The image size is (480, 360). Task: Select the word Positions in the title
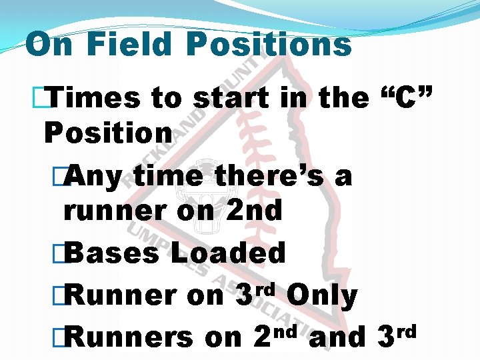[x=269, y=45]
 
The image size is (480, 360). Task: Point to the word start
[x=231, y=99]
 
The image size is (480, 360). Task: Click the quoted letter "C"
[x=407, y=99]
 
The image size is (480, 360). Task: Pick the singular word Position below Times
[x=108, y=133]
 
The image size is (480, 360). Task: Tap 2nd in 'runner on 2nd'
[x=255, y=211]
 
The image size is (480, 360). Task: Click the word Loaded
[x=228, y=253]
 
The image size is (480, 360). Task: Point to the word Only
[x=323, y=296]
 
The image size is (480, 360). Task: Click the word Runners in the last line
[x=129, y=337]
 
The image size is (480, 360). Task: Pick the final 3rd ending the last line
[x=397, y=336]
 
